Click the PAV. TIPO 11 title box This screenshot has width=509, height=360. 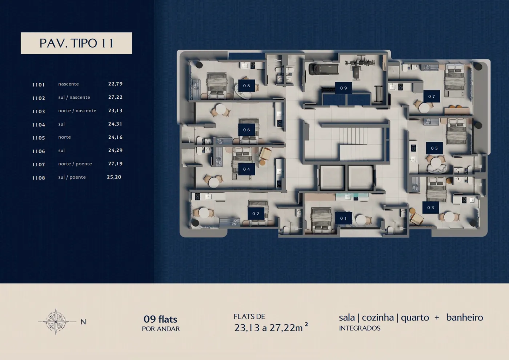pos(76,43)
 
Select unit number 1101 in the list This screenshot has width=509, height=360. pos(39,85)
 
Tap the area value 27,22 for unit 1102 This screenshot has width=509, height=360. pos(116,97)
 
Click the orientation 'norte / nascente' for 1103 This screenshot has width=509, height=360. pos(77,111)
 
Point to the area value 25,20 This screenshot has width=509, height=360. pos(114,177)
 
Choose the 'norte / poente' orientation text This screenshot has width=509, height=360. pos(75,164)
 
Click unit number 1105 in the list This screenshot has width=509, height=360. pos(39,138)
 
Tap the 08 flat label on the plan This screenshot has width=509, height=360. pos(247,86)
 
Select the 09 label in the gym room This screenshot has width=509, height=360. pos(344,88)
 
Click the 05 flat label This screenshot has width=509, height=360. pos(434,148)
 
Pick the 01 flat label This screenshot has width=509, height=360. pos(344,218)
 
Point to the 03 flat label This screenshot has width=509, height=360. pos(430,208)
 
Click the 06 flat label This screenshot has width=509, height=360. pos(247,130)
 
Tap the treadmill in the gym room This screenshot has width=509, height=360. pos(324,69)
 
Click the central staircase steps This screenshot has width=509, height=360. pos(353,136)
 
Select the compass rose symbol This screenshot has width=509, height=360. pos(56,321)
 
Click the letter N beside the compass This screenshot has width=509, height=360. pos(83,322)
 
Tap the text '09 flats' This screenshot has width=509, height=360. pos(160,319)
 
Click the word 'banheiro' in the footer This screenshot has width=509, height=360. pos(465,317)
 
